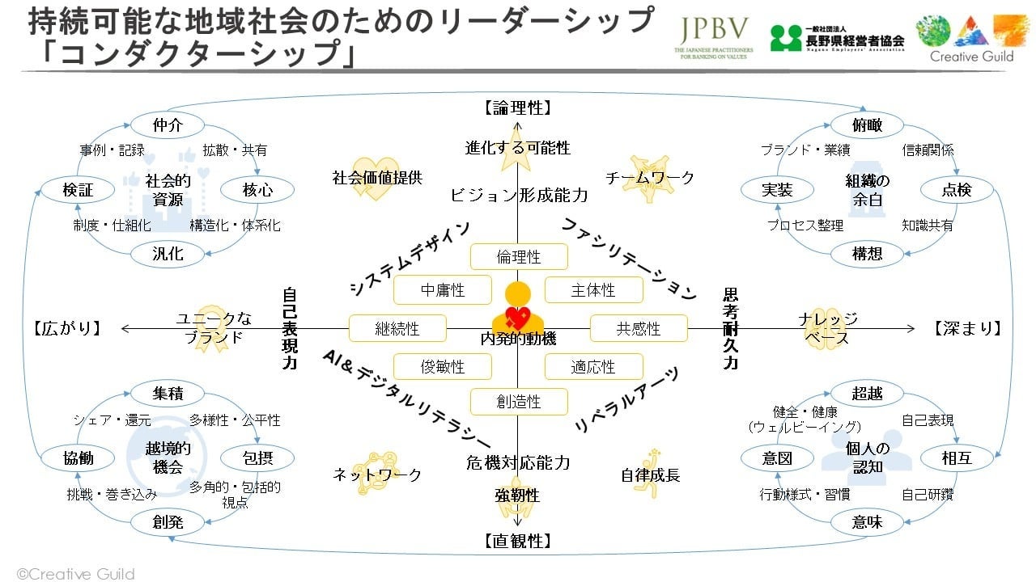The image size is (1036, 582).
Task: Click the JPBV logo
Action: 713,37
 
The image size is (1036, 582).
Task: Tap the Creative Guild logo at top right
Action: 971,37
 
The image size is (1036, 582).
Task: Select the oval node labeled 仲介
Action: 168,125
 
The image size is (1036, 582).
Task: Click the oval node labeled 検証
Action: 78,190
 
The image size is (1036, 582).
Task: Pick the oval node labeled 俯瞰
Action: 867,125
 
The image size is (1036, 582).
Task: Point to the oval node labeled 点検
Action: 957,190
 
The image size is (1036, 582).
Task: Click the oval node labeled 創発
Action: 168,522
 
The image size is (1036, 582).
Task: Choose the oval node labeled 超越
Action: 867,394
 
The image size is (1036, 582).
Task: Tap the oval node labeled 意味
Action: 867,522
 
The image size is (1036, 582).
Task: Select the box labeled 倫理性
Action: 519,257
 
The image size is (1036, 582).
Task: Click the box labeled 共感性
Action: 639,329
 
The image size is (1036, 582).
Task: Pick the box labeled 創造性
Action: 519,402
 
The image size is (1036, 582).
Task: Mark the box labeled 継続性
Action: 397,329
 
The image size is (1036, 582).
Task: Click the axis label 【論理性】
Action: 518,108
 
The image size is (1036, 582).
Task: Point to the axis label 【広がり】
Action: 68,328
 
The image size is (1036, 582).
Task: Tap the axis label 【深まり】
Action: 968,328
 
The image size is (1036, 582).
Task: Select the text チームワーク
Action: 650,178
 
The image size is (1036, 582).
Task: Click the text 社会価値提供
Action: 377,178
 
